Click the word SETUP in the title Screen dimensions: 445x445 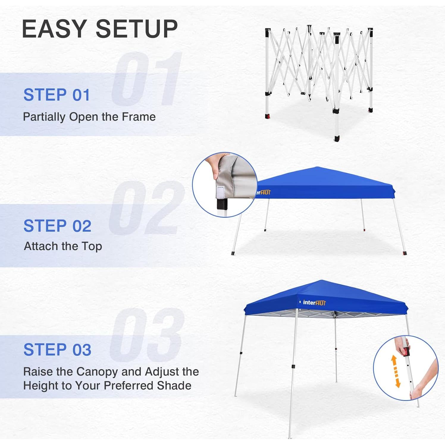pyautogui.click(x=137, y=29)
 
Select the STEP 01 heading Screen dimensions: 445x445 pyautogui.click(x=57, y=95)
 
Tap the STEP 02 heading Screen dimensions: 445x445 pyautogui.click(x=57, y=226)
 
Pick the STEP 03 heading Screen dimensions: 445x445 pyautogui.click(x=57, y=350)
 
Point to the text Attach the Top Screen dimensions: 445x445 pyautogui.click(x=63, y=246)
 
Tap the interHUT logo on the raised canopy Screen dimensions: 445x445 pyautogui.click(x=314, y=303)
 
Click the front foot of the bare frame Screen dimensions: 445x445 pyautogui.click(x=336, y=139)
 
